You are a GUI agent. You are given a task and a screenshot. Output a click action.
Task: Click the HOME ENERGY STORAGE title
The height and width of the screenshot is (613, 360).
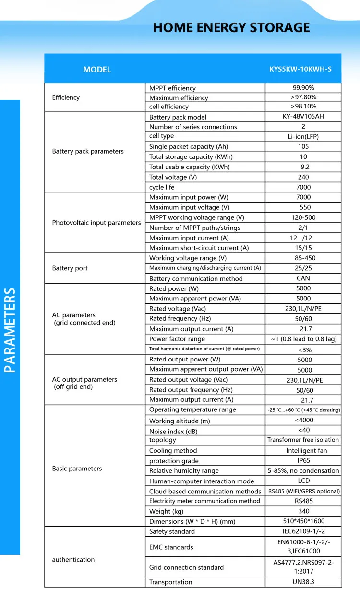[231, 27]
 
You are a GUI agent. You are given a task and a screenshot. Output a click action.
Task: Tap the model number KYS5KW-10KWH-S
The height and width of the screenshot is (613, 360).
[300, 69]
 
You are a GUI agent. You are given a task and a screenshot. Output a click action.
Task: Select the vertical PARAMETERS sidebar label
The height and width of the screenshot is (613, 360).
[10, 330]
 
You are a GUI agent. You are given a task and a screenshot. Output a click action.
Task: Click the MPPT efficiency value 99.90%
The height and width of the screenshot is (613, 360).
[303, 88]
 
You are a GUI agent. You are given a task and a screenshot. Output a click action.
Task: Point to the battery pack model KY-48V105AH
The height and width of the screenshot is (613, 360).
[303, 117]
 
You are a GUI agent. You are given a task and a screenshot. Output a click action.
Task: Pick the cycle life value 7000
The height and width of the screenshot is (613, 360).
[303, 187]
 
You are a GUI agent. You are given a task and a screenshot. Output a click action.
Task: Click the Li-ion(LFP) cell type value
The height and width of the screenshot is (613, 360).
[303, 136]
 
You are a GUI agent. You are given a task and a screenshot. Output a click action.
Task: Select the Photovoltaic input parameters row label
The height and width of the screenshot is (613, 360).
[96, 223]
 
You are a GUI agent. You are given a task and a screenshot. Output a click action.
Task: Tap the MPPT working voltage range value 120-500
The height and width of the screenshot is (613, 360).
[303, 217]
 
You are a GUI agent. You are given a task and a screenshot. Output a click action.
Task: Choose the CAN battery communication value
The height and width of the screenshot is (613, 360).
[303, 278]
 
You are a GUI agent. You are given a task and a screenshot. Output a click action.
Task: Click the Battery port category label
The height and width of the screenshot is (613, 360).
[70, 268]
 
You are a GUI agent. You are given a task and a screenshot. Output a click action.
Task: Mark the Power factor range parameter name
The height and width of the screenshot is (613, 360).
[177, 339]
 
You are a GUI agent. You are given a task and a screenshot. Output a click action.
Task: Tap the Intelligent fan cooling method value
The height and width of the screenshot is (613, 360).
[307, 451]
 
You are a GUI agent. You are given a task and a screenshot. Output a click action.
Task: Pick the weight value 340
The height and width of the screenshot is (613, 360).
[303, 511]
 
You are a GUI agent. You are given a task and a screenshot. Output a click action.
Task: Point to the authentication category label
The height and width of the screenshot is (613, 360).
[73, 559]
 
